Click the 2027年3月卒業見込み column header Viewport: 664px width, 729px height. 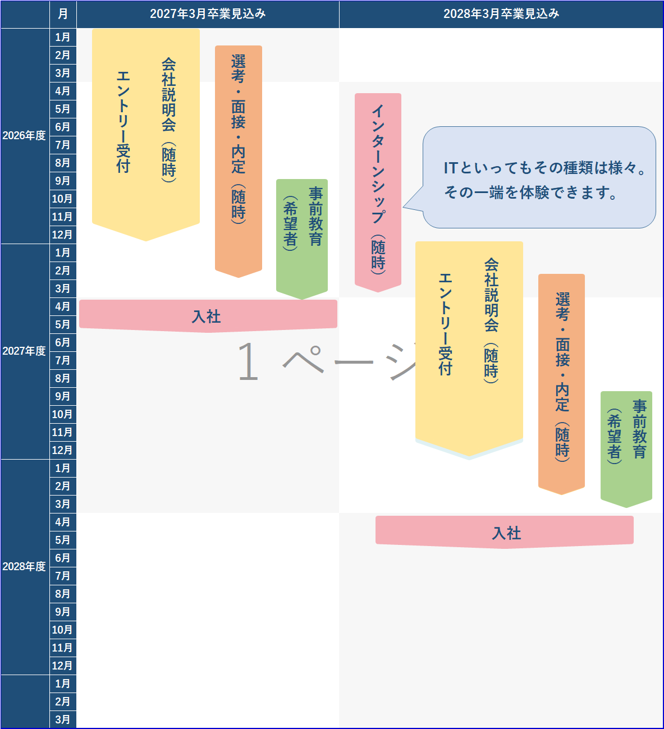tap(208, 14)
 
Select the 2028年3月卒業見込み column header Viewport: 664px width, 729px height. tap(501, 14)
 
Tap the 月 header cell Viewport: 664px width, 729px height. tap(63, 14)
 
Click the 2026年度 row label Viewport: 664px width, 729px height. tap(24, 136)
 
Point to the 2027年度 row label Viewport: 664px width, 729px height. tap(24, 351)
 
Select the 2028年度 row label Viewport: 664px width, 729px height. tap(24, 567)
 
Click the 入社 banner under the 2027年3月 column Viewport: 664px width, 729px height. tap(208, 316)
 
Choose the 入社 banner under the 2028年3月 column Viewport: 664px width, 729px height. tap(505, 532)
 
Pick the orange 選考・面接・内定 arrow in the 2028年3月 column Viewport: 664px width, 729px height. tap(561, 382)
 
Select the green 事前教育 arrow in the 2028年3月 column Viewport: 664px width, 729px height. tap(626, 446)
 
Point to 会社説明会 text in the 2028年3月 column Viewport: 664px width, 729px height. tap(491, 295)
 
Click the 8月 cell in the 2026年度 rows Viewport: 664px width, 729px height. tap(63, 163)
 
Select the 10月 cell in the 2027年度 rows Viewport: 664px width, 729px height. tap(63, 414)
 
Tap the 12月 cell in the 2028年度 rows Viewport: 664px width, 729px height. tap(63, 666)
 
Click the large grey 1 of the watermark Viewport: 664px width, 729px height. tap(248, 362)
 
